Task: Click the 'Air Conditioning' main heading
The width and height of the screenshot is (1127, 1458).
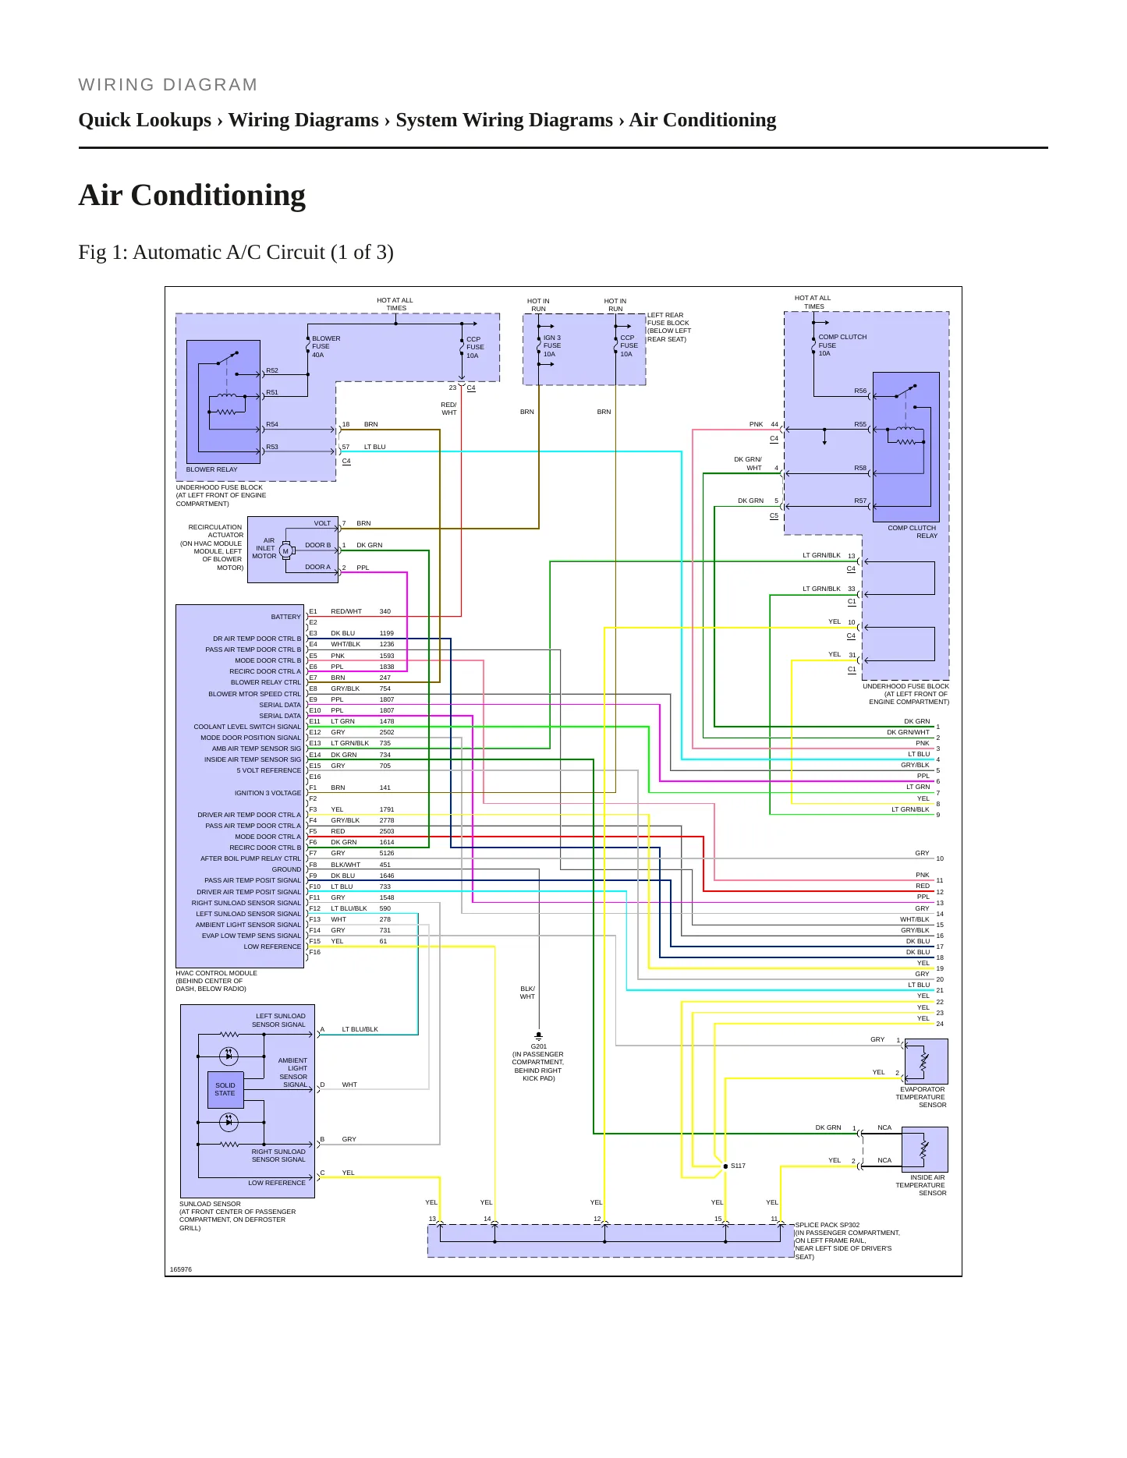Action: pyautogui.click(x=192, y=196)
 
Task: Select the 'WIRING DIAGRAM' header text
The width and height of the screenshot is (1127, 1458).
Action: pyautogui.click(x=168, y=85)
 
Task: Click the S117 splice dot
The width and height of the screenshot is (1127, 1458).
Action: pyautogui.click(x=725, y=1166)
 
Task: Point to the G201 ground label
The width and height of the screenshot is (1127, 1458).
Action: pyautogui.click(x=539, y=1046)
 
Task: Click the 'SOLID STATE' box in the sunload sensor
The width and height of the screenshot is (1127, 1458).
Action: pyautogui.click(x=225, y=1089)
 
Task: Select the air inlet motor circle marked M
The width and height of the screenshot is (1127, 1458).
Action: pyautogui.click(x=285, y=551)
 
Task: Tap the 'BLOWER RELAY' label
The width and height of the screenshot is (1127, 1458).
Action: pyautogui.click(x=211, y=469)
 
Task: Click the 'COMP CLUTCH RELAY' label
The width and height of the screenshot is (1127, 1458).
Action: pyautogui.click(x=912, y=532)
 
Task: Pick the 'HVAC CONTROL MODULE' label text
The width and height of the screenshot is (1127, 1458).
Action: pyautogui.click(x=216, y=973)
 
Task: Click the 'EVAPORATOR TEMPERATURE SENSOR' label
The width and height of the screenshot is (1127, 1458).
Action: pyautogui.click(x=921, y=1097)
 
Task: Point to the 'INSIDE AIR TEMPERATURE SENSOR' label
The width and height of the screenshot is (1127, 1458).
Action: pyautogui.click(x=921, y=1185)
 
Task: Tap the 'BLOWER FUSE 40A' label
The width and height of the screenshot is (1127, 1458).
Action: pyautogui.click(x=326, y=347)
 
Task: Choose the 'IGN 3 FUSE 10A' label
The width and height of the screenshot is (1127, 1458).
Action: pyautogui.click(x=552, y=346)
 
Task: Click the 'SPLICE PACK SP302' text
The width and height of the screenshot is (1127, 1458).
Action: pyautogui.click(x=828, y=1225)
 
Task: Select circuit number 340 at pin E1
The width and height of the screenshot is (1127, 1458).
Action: pyautogui.click(x=385, y=611)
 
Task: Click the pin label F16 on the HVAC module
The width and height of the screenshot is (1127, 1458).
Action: pyautogui.click(x=315, y=952)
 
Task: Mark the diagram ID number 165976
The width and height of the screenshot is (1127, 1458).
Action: pyautogui.click(x=181, y=1269)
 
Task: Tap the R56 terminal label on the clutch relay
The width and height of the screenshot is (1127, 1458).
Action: pyautogui.click(x=860, y=391)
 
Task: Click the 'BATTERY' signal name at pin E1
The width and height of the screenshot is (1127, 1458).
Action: pyautogui.click(x=285, y=617)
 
